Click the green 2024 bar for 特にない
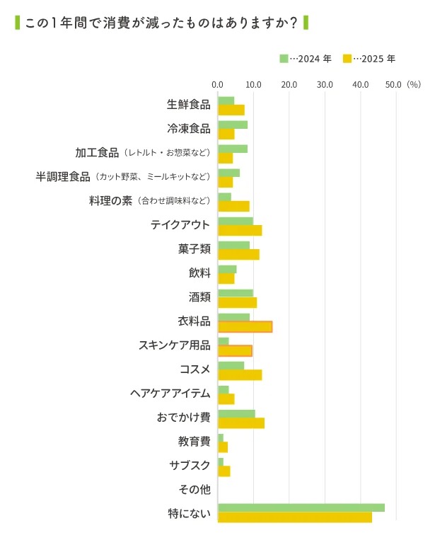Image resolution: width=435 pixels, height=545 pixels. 301,507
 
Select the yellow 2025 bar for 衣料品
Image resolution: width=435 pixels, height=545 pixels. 245,326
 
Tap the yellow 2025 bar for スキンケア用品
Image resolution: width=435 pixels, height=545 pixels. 235,350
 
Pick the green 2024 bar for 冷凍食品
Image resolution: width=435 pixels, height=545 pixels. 233,125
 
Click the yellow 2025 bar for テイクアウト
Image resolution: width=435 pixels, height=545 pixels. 240,230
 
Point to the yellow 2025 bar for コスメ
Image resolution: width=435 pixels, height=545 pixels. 240,374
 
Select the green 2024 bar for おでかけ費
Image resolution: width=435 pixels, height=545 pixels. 236,414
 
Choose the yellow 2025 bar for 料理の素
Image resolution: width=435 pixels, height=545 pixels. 233,206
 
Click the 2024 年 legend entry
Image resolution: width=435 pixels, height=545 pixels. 306,59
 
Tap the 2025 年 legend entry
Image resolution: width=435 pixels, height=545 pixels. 369,59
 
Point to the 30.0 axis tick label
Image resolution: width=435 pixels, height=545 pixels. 325,85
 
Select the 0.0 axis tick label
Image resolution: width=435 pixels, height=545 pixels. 218,85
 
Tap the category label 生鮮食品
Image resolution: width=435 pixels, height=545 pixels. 188,105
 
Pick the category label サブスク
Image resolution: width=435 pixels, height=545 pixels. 190,465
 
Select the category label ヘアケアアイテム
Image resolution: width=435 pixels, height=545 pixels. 170,393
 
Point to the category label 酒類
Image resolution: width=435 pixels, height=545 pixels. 199,297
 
